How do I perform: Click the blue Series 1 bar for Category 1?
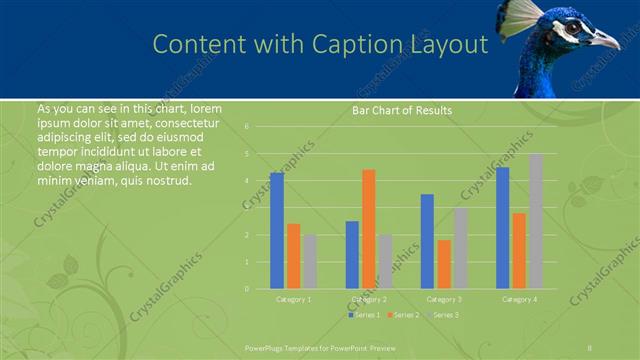pos(277,230)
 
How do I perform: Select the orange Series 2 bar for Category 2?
pos(369,228)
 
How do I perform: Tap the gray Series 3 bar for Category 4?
pos(536,221)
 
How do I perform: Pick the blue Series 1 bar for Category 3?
pos(427,241)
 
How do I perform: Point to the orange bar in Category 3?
pos(443,264)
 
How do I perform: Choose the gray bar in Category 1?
pos(310,261)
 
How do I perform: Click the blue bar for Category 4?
pos(502,228)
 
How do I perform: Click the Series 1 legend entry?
pos(364,315)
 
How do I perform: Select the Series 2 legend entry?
pos(404,315)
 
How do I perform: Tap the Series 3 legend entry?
pos(444,315)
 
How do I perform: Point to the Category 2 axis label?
pos(368,299)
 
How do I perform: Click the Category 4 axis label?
pos(518,299)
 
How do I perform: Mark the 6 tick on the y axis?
pos(247,127)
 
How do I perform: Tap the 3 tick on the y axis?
pos(247,208)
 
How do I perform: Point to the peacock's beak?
pos(606,40)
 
